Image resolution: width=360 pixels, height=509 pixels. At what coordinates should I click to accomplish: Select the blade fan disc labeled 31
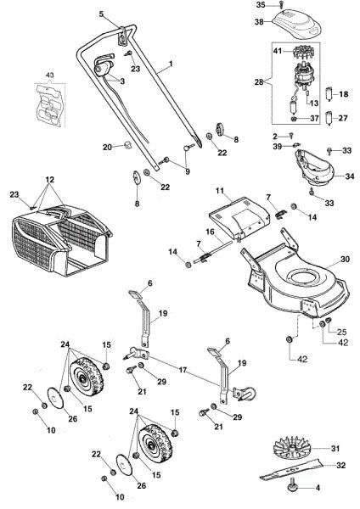pyautogui.click(x=297, y=448)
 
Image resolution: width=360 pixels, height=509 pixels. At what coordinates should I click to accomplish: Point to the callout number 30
pyautogui.click(x=344, y=260)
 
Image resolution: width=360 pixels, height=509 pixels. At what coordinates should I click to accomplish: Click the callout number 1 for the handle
pyautogui.click(x=170, y=64)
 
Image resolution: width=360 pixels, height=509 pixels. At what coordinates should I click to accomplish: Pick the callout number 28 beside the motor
pyautogui.click(x=259, y=81)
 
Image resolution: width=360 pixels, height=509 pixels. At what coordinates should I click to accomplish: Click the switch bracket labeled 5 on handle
pyautogui.click(x=124, y=37)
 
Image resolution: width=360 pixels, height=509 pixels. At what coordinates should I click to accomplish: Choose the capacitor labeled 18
pyautogui.click(x=329, y=92)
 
